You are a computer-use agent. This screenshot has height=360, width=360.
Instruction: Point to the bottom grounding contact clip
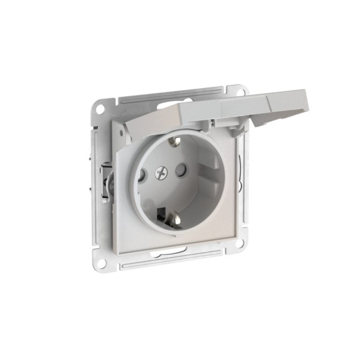coord(169,218)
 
